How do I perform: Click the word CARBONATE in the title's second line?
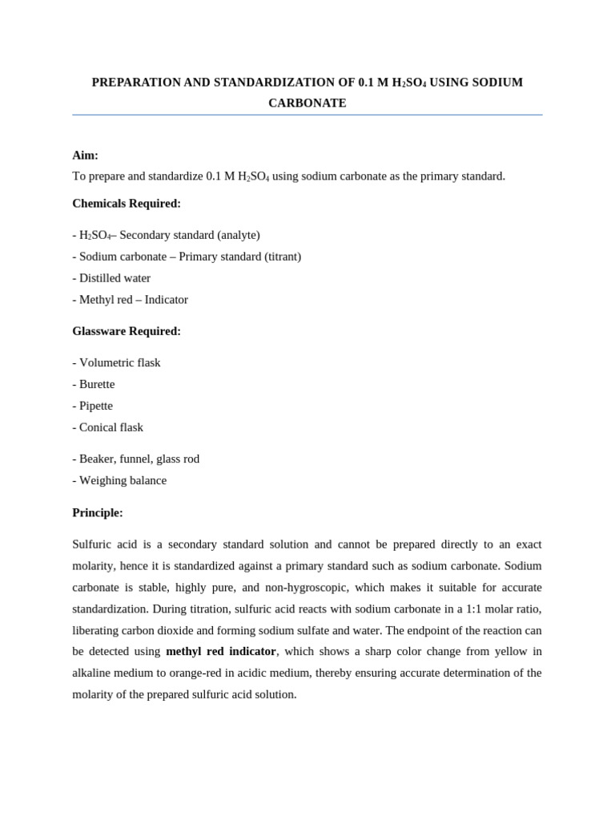coord(307,103)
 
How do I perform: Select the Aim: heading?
coord(86,156)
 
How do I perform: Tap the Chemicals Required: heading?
coord(127,204)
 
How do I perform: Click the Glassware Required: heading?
coord(127,331)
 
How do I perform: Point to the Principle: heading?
coord(98,513)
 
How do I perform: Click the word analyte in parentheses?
coord(239,235)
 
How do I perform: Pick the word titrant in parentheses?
coord(280,257)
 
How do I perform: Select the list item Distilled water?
coord(115,278)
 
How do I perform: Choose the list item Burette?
coord(97,385)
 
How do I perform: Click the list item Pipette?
coord(95,406)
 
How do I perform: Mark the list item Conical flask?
coord(111,428)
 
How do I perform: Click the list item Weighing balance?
coord(123,481)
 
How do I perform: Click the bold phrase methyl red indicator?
coord(221,652)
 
